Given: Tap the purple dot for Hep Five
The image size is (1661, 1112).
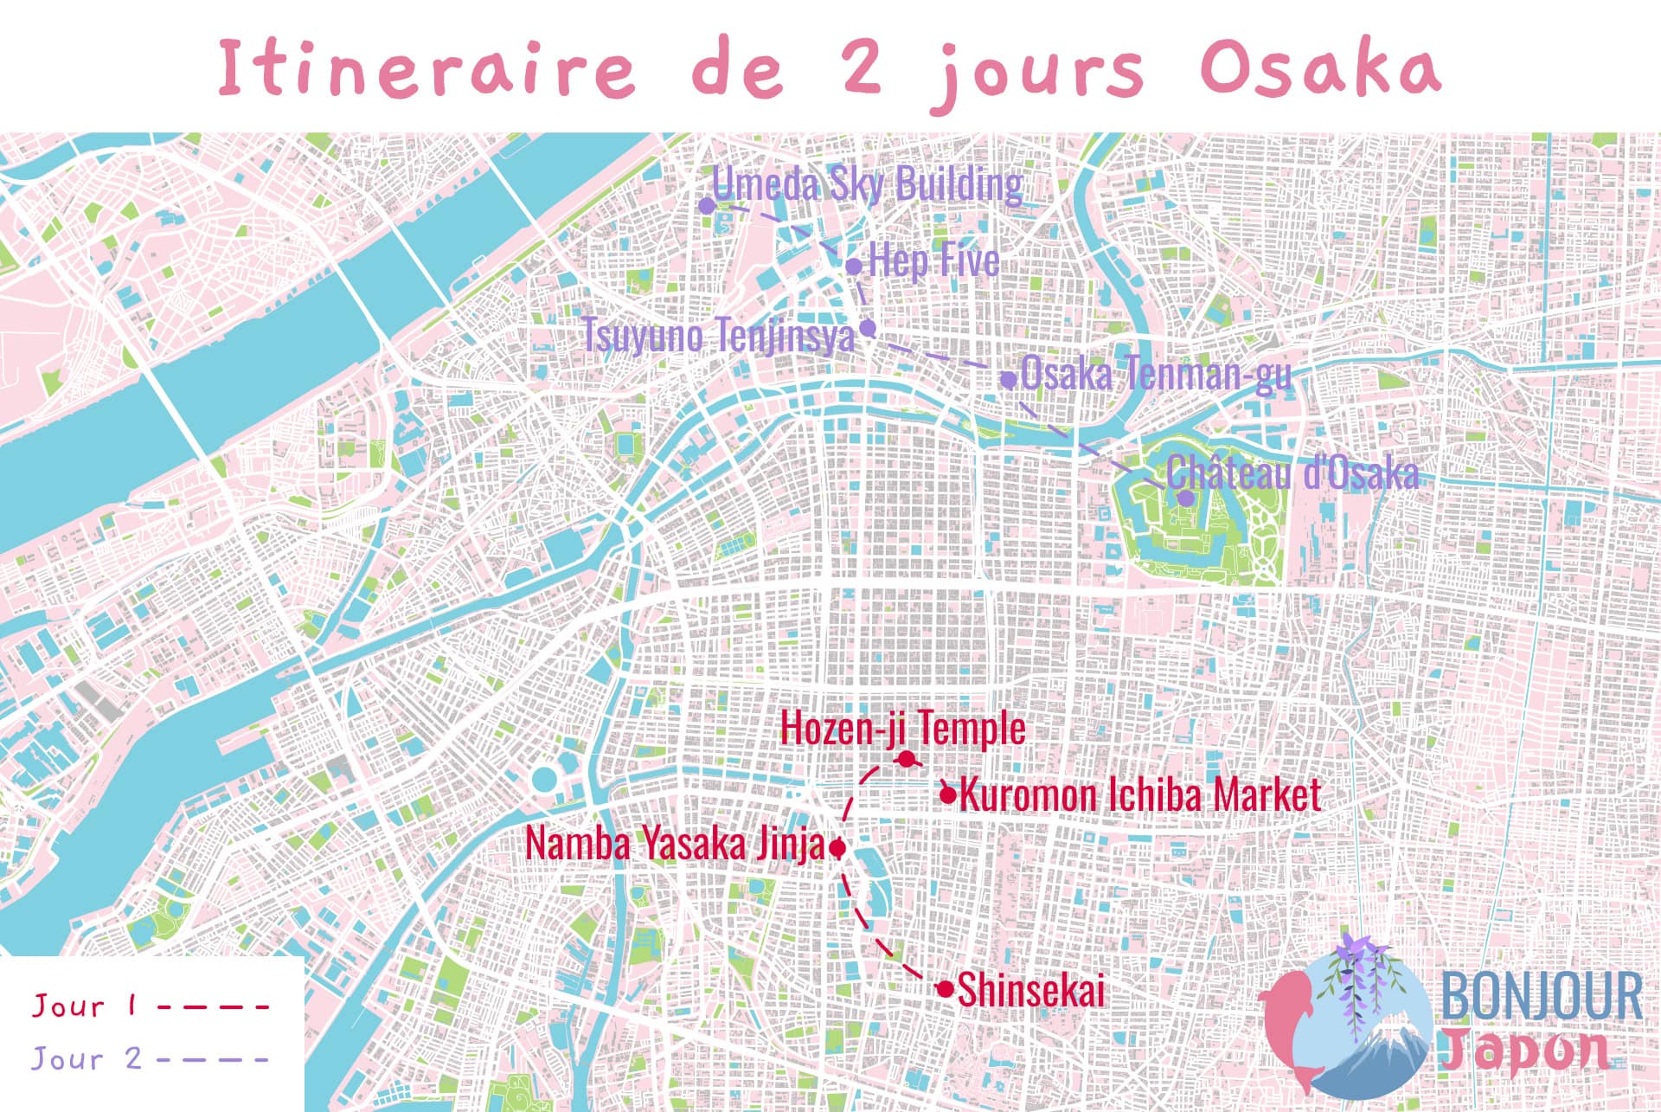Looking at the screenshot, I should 854,267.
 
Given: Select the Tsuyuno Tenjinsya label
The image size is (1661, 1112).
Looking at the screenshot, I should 718,336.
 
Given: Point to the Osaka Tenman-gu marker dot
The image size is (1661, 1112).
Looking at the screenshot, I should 1009,379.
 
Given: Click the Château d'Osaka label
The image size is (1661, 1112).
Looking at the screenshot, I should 1292,473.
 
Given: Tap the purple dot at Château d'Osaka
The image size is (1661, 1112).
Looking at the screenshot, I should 1186,498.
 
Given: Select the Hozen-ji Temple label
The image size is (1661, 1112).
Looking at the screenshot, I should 902,728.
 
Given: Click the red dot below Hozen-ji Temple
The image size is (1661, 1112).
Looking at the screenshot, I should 906,760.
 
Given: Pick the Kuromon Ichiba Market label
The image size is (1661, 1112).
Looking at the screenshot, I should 1140,794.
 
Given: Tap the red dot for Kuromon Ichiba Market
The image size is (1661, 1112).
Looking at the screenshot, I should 948,794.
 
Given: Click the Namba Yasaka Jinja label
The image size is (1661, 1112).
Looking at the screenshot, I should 675,845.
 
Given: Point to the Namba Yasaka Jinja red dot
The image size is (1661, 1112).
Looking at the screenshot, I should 837,848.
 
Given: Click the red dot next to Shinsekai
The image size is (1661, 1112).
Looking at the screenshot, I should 945,988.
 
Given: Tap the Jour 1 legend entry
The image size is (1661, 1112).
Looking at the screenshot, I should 83,1006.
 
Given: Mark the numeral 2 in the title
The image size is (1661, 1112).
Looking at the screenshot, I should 863,67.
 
